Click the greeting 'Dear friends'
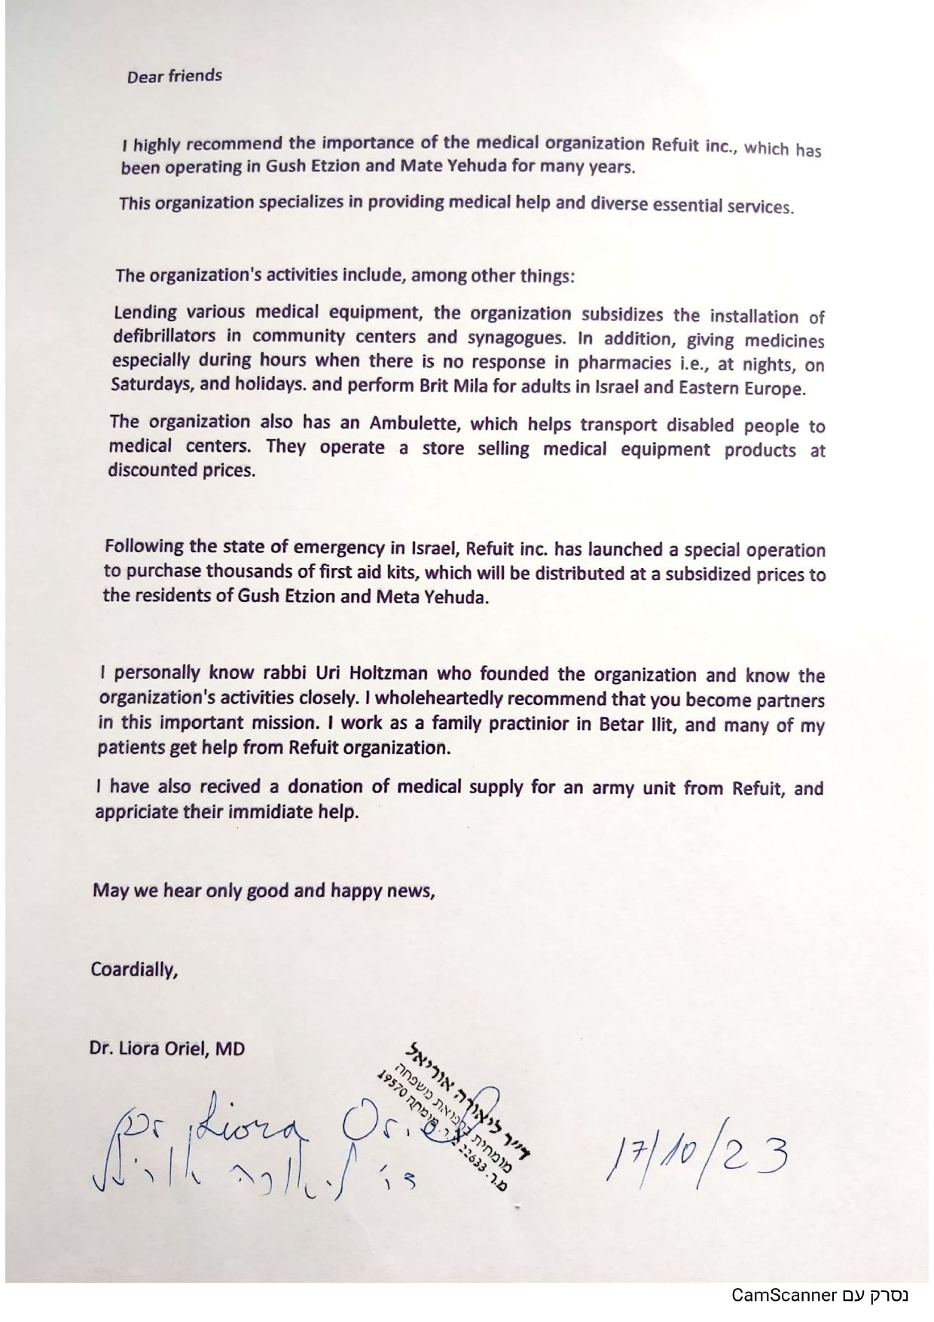174,76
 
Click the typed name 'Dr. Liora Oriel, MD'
168,1048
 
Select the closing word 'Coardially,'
134,969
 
